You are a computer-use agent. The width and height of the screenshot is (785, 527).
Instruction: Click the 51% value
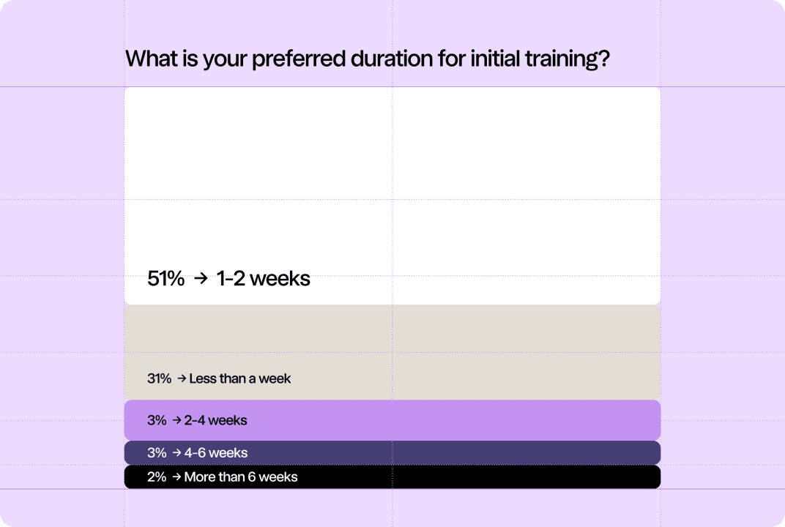(165, 279)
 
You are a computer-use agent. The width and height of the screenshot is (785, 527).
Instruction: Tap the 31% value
(159, 378)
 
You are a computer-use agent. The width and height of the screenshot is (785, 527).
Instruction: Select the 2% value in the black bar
(157, 477)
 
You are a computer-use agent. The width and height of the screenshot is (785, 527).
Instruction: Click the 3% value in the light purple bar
(157, 420)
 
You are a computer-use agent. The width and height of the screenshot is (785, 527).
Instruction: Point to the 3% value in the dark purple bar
(157, 452)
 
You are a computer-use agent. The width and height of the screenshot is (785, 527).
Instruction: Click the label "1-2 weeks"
(264, 279)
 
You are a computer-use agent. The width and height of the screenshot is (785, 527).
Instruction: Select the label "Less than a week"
(239, 378)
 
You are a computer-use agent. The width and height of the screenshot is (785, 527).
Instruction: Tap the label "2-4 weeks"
(215, 420)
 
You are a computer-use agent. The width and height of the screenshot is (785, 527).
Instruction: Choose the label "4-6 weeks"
(216, 452)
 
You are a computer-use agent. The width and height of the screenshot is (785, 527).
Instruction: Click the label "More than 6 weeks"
(241, 477)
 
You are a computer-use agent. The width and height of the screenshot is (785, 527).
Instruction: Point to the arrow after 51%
(201, 278)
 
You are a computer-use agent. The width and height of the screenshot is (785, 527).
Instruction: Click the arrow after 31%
(181, 378)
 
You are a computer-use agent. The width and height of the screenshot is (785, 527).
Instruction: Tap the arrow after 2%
(176, 477)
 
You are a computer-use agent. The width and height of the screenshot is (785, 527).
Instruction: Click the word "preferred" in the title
(298, 59)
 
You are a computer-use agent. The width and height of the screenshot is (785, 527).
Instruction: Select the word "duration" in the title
(392, 59)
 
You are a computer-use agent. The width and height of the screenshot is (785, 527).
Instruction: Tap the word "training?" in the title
(568, 59)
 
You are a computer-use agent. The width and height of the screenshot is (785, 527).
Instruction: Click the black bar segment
(392, 477)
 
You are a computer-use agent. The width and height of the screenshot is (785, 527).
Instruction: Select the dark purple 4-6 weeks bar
(392, 453)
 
